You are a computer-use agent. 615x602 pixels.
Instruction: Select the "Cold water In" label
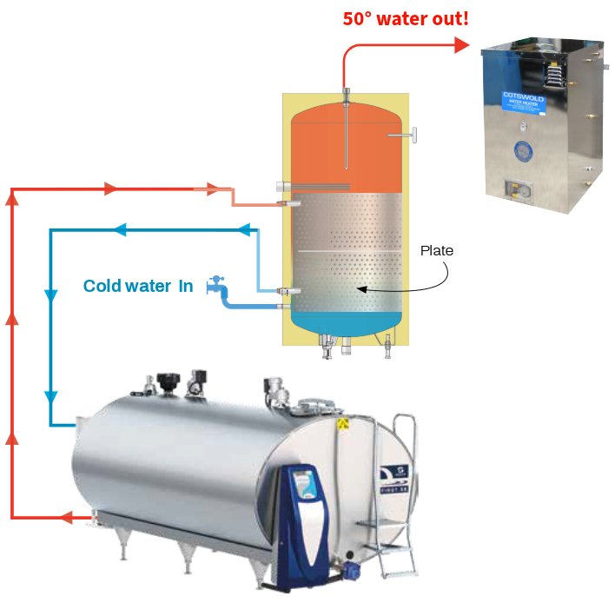tap(138, 286)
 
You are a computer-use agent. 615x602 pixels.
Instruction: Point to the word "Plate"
tap(437, 250)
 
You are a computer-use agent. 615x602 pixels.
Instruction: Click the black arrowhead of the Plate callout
tap(363, 289)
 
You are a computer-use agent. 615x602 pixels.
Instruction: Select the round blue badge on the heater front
tap(523, 148)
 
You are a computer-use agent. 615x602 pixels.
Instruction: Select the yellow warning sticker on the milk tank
tap(344, 424)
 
